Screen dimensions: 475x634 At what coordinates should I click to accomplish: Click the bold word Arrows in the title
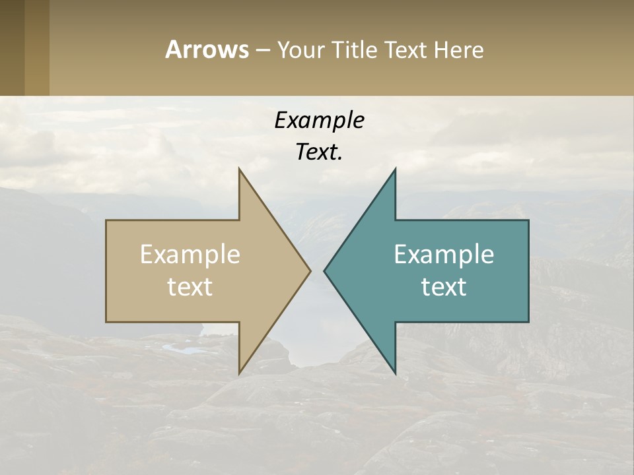click(207, 49)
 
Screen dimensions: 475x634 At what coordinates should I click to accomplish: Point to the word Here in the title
click(458, 49)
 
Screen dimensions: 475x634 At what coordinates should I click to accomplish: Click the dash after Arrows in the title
click(262, 50)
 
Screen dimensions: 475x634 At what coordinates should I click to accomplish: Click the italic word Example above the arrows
click(319, 120)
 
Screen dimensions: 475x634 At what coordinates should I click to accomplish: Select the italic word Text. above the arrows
click(319, 152)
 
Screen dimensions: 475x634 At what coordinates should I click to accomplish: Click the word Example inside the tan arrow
click(190, 254)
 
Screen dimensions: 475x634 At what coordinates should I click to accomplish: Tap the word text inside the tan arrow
click(190, 286)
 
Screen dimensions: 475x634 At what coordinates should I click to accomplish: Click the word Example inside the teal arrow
click(444, 254)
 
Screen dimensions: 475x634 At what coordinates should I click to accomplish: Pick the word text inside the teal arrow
click(444, 286)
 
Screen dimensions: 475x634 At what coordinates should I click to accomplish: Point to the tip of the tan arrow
click(310, 270)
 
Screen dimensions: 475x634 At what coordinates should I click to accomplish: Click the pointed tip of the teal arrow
click(324, 270)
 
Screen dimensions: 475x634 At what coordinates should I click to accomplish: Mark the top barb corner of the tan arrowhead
click(239, 170)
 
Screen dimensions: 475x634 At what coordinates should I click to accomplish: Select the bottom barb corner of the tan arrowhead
click(239, 373)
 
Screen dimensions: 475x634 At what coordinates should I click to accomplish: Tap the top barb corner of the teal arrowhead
click(395, 170)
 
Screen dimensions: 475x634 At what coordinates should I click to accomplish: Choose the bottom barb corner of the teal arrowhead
click(395, 373)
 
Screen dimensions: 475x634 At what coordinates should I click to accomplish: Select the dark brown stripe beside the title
click(12, 47)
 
